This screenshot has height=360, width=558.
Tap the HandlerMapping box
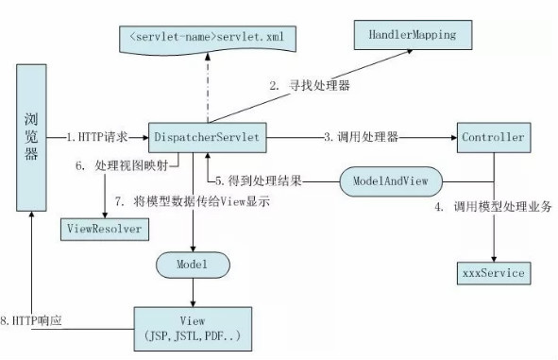click(406, 35)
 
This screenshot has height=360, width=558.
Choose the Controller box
click(492, 138)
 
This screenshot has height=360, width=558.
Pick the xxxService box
click(492, 274)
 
